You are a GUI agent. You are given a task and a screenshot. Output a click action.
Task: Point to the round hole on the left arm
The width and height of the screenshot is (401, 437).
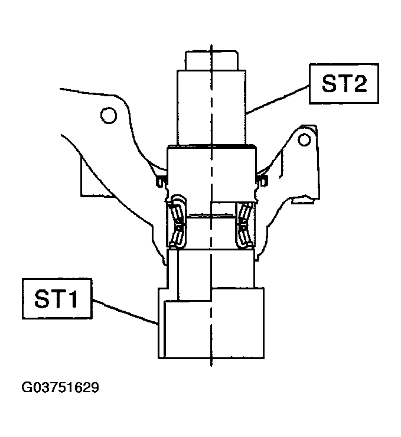point(107,115)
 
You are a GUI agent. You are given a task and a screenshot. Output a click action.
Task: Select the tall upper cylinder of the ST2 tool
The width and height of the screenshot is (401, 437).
point(211,106)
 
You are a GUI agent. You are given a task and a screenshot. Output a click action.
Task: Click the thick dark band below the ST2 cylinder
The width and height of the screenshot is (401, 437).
point(211,146)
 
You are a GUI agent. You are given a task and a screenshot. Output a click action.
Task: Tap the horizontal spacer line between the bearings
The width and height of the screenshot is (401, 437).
point(210,216)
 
